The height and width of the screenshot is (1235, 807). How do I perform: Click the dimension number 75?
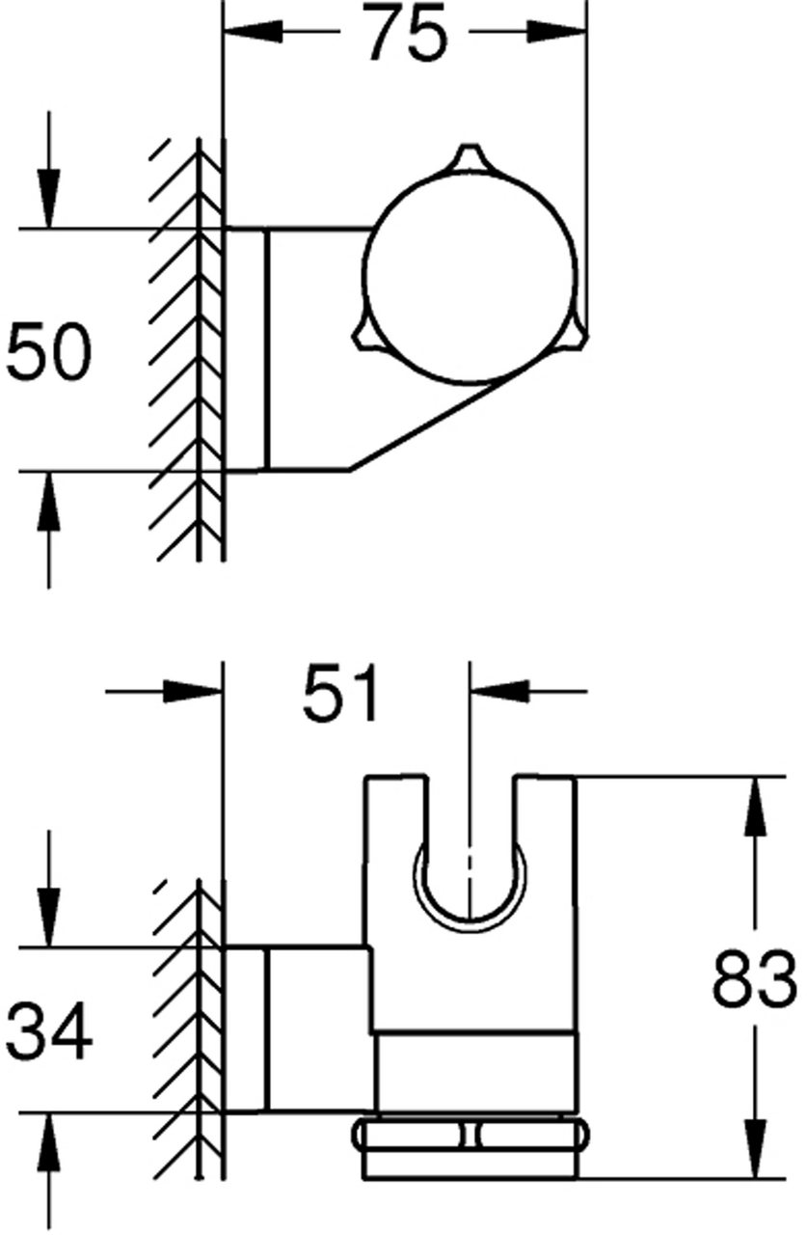pyautogui.click(x=406, y=34)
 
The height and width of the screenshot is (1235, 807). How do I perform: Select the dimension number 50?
pyautogui.click(x=48, y=352)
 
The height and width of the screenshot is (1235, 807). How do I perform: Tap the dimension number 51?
pyautogui.click(x=340, y=693)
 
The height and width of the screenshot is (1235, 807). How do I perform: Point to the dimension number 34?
pyautogui.click(x=48, y=1031)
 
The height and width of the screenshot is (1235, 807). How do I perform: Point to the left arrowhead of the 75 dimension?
pyautogui.click(x=253, y=31)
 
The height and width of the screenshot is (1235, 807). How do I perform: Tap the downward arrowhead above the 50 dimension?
pyautogui.click(x=48, y=198)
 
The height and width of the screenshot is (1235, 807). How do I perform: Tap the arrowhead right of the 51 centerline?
pyautogui.click(x=499, y=690)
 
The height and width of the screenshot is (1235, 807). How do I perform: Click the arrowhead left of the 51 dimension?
pyautogui.click(x=193, y=690)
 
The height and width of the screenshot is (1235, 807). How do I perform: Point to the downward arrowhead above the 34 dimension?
pyautogui.click(x=48, y=918)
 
